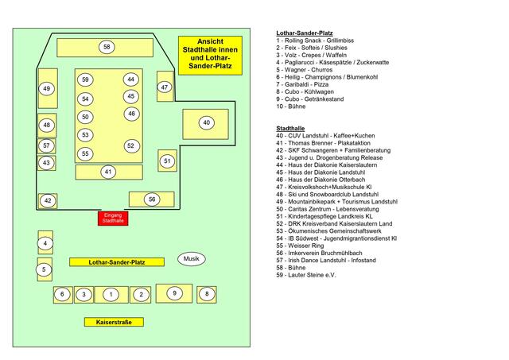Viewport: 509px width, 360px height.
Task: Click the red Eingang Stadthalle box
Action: [x=113, y=219]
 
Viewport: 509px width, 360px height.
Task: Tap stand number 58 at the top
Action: [x=107, y=48]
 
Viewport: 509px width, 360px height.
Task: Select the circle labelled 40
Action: [x=206, y=122]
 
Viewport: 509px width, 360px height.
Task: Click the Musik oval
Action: [x=192, y=259]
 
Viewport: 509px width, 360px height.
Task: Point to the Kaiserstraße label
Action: [x=114, y=322]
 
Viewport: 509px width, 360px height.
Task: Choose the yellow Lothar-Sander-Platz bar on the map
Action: [x=116, y=261]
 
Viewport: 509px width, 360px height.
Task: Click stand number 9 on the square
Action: [x=174, y=294]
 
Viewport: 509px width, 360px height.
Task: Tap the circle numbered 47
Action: [x=165, y=87]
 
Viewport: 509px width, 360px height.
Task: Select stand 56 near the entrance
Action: [x=152, y=199]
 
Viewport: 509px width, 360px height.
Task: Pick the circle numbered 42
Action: [x=48, y=201]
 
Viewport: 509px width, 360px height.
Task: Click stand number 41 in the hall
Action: [x=108, y=172]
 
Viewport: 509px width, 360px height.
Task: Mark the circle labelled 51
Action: [x=166, y=161]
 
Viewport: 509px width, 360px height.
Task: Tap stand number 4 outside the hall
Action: [x=46, y=243]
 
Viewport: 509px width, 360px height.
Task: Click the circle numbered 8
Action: [x=206, y=294]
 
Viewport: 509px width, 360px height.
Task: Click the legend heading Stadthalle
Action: [x=290, y=128]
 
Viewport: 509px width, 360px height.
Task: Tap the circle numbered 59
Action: [x=85, y=79]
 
